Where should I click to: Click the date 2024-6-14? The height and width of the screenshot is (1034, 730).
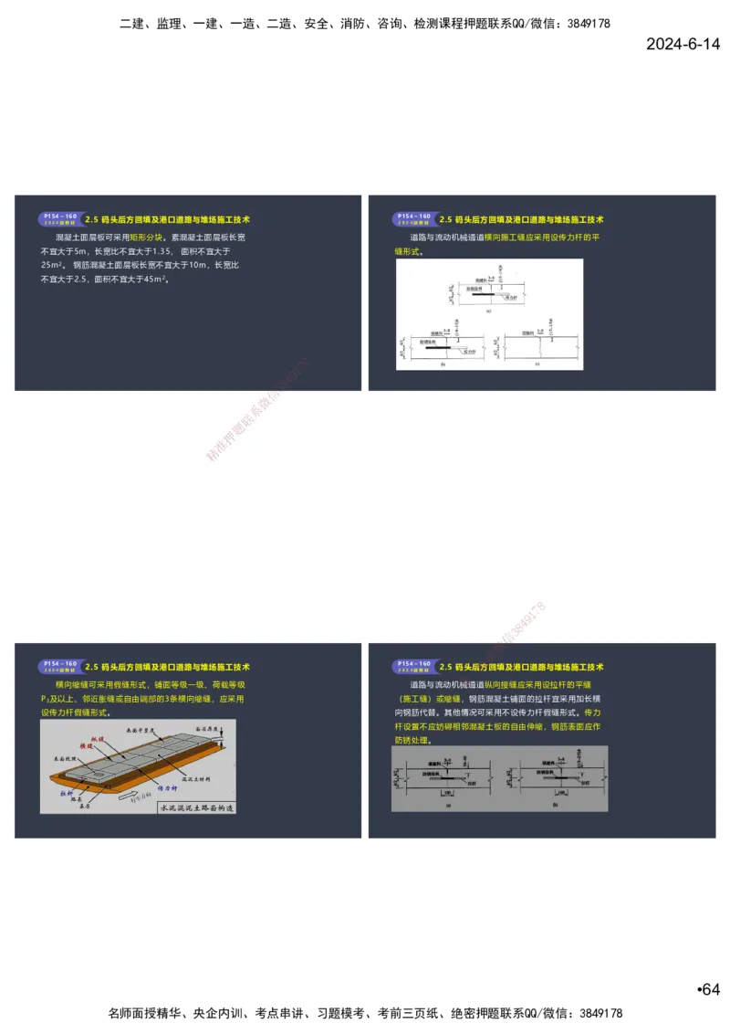pos(683,44)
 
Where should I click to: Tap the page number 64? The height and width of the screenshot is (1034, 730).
pos(709,989)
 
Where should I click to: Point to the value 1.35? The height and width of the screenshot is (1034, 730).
pos(162,250)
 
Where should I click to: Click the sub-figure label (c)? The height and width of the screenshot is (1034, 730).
pos(537,363)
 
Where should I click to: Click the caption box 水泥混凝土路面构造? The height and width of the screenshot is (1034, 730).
pos(197,807)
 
